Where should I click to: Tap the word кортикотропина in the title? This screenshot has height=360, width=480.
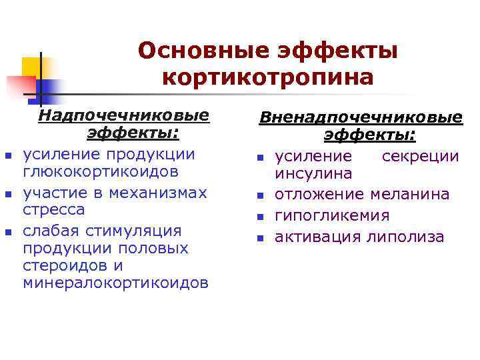coord(267,77)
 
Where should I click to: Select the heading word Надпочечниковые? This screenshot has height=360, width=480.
coord(124,115)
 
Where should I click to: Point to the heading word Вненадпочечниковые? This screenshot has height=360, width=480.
coord(361,118)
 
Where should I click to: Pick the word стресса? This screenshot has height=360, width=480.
coord(54,210)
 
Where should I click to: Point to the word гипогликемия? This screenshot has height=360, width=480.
coord(333,216)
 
